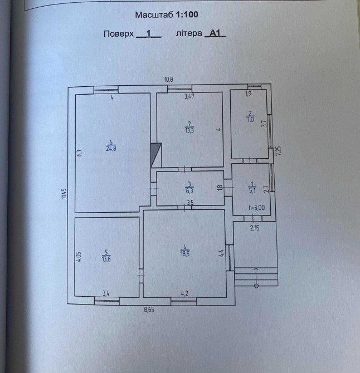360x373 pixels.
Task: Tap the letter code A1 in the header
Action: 215,33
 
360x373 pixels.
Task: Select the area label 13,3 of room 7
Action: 189,131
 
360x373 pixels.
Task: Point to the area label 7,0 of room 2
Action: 251,119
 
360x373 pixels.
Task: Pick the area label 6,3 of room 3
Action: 189,190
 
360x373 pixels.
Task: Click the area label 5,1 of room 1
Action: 251,190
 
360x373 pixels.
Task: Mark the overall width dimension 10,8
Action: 168,80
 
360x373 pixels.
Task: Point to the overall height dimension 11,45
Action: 64,194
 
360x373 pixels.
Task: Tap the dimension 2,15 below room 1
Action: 255,228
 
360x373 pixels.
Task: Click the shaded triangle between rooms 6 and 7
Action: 156,155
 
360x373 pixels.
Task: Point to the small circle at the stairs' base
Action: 256,286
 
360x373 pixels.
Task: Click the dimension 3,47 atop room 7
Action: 189,97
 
